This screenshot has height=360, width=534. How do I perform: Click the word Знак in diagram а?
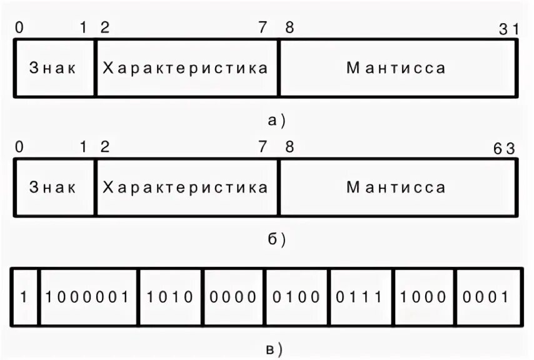click(53, 68)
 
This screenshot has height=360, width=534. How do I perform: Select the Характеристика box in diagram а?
click(186, 68)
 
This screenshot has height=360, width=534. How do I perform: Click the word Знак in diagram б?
click(53, 187)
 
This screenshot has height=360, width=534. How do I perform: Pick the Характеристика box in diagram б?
click(186, 187)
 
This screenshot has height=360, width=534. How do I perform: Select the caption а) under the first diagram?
click(276, 120)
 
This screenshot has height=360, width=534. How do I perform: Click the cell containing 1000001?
click(88, 297)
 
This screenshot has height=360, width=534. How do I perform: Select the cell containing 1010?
click(170, 297)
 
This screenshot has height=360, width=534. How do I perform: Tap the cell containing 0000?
click(233, 297)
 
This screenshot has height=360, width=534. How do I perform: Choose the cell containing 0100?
click(296, 297)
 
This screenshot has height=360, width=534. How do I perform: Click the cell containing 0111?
click(361, 297)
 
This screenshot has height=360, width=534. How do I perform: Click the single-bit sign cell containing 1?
click(25, 297)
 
